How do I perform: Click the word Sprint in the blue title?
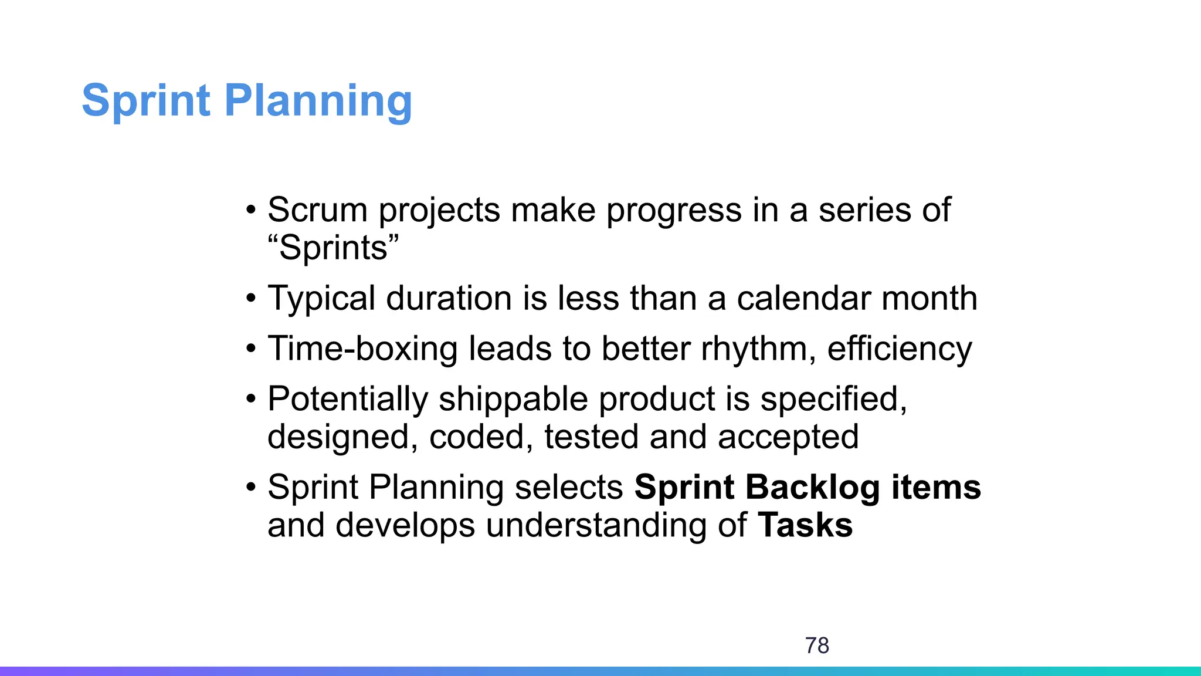(145, 100)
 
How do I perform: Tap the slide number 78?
(817, 645)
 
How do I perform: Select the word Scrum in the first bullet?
(317, 209)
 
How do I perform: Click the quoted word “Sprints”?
(333, 248)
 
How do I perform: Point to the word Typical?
(321, 299)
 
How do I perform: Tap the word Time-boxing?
(362, 349)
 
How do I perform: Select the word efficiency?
(900, 349)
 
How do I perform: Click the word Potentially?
(348, 400)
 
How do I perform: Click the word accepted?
(788, 437)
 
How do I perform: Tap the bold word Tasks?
(805, 525)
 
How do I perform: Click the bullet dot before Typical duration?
(252, 299)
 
